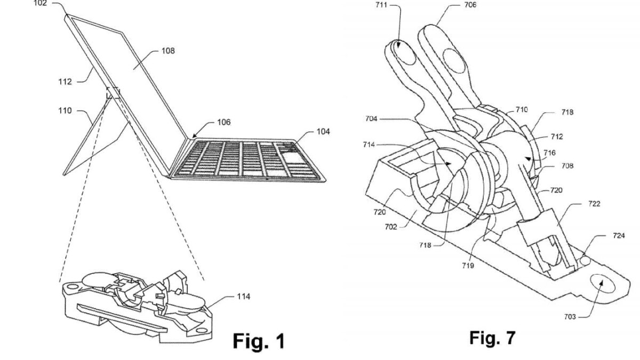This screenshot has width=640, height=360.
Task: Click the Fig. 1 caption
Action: (x=258, y=340)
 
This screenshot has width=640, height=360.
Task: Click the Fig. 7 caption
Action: (x=492, y=338)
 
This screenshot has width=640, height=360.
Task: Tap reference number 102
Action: (x=40, y=3)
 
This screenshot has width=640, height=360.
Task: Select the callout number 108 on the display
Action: (x=169, y=51)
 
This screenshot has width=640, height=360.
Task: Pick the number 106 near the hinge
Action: (x=223, y=123)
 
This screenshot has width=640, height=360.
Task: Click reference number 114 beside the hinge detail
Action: (x=243, y=296)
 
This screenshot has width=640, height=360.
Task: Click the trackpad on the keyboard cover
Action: (x=293, y=157)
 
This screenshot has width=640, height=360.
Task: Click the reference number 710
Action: (x=522, y=110)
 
